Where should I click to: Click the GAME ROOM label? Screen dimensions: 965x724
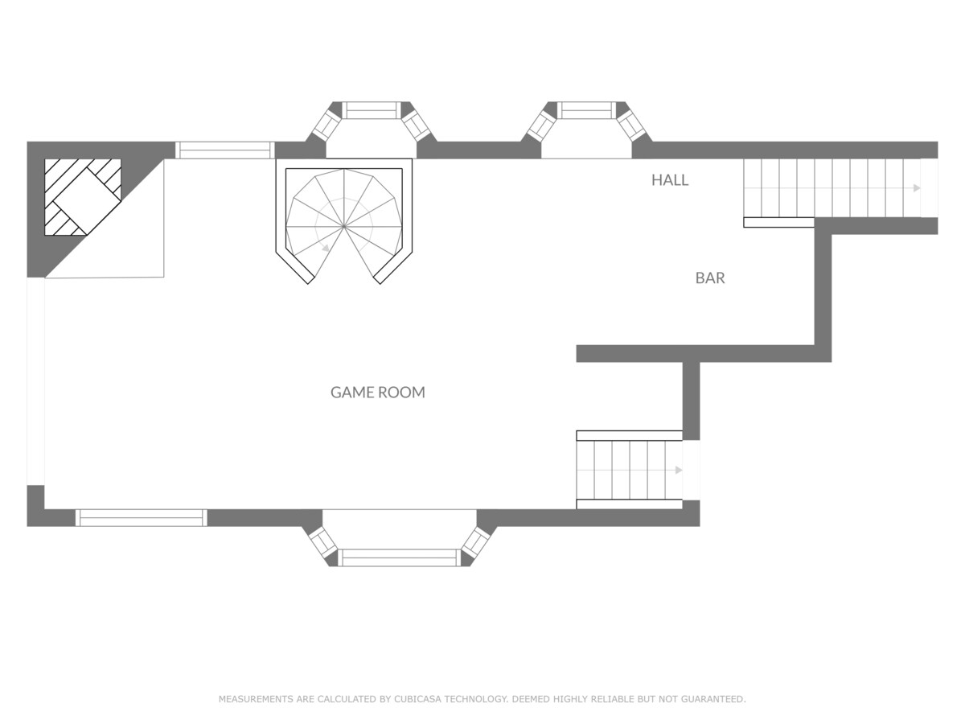click(378, 392)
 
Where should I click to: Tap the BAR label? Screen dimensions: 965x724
click(710, 278)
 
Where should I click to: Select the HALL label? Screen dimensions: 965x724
click(670, 179)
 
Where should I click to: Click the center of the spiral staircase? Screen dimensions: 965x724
click(344, 227)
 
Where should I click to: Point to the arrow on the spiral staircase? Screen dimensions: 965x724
click(326, 249)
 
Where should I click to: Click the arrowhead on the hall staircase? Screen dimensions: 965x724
click(917, 188)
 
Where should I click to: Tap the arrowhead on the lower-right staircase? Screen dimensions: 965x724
click(679, 470)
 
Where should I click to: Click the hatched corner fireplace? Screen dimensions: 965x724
click(83, 197)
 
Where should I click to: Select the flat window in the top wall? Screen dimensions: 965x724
click(224, 150)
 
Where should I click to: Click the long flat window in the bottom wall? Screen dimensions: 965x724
click(141, 518)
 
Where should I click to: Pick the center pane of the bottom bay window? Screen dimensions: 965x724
click(400, 557)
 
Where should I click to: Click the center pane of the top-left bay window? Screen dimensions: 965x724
click(372, 110)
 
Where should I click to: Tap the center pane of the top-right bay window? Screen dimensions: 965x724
click(586, 110)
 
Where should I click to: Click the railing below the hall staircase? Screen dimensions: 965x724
click(778, 223)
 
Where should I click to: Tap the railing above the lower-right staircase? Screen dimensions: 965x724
click(629, 436)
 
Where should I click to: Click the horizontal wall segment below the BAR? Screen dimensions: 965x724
click(704, 353)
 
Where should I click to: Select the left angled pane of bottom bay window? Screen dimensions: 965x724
click(322, 542)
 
